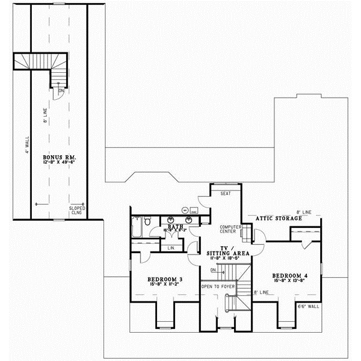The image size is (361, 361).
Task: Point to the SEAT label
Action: [226, 194]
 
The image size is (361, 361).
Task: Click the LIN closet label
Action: [171, 247]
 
